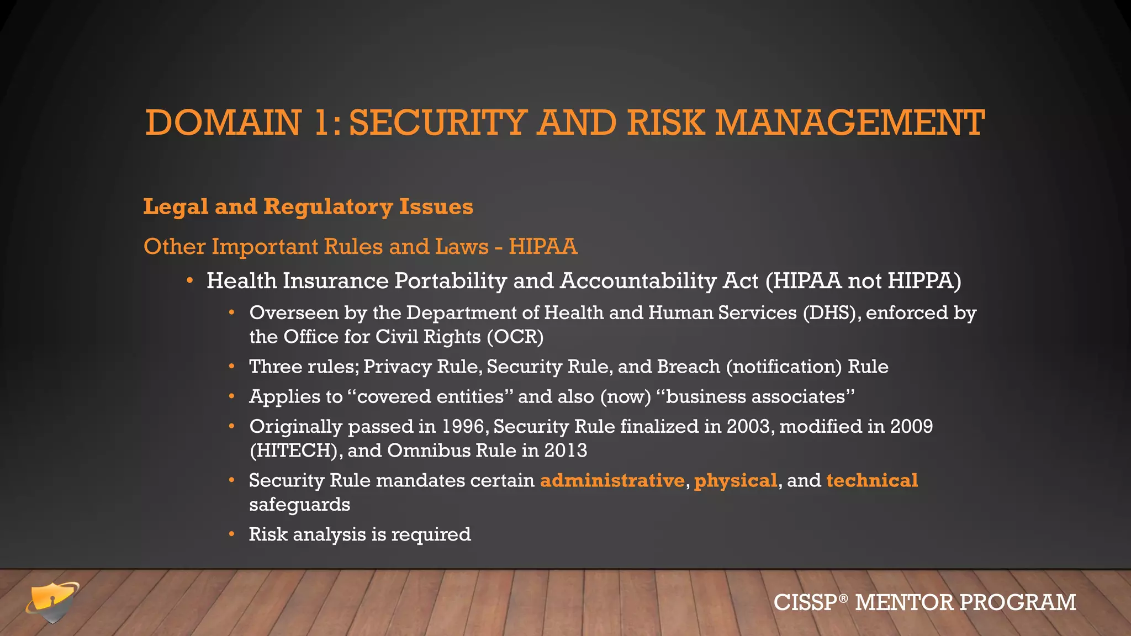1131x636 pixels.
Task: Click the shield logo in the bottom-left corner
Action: click(x=52, y=602)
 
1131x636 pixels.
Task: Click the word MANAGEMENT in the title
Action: click(x=850, y=123)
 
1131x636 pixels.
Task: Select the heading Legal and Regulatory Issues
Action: click(x=308, y=207)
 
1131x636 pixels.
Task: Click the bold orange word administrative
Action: click(x=612, y=480)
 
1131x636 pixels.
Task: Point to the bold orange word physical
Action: click(x=736, y=481)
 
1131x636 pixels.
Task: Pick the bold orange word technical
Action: click(x=872, y=480)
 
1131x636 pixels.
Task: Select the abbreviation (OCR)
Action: click(x=515, y=337)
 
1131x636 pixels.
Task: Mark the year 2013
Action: click(x=565, y=451)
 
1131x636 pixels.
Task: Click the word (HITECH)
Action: click(x=293, y=451)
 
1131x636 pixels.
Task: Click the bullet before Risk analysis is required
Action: click(x=232, y=534)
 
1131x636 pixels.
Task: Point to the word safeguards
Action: click(x=299, y=505)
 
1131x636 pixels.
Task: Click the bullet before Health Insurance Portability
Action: click(x=189, y=281)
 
